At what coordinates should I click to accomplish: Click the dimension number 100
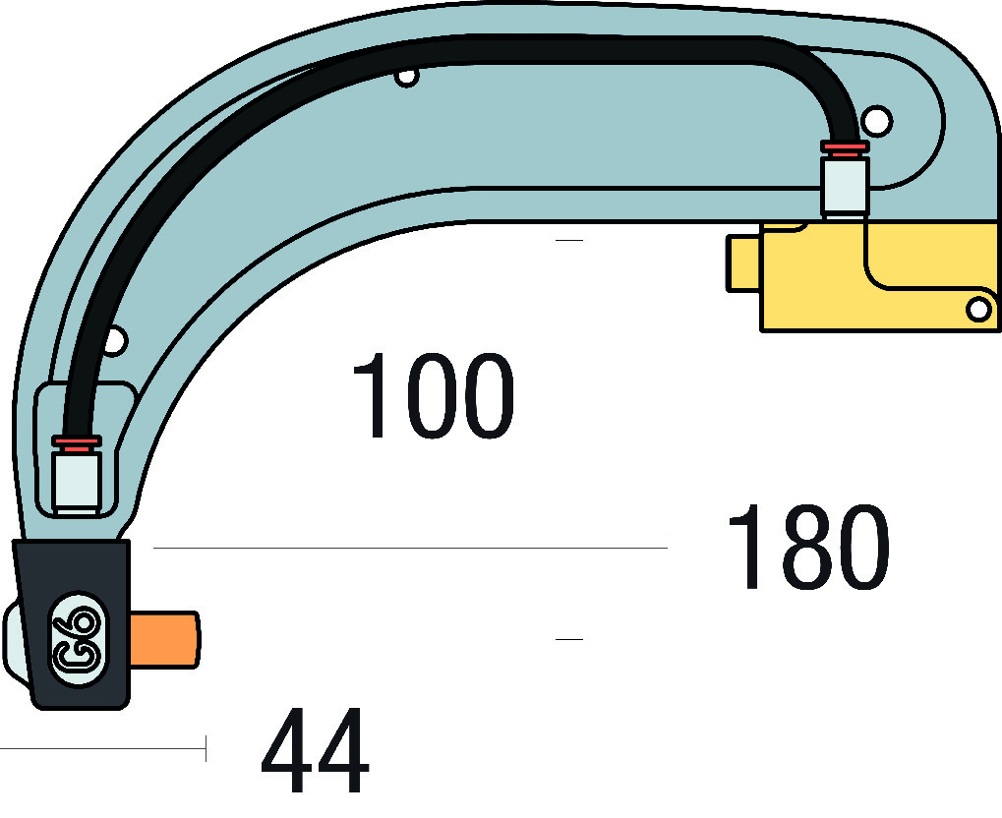coord(434,395)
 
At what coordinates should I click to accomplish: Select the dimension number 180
coord(808,547)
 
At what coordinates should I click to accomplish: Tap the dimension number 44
coord(315,749)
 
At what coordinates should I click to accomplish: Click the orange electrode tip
coord(165,640)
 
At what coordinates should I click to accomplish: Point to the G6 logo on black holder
coord(79,639)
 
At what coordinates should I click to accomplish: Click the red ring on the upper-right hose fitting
coord(845,148)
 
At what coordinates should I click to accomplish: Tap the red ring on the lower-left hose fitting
coord(77,442)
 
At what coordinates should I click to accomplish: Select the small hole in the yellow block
coord(978,310)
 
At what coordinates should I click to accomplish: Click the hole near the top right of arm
coord(876,121)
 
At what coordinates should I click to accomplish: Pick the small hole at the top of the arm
coord(407,77)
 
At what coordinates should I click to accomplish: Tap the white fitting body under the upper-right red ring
coord(845,187)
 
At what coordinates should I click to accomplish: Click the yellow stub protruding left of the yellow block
coord(743,263)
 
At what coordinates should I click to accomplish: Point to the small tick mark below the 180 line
coord(569,639)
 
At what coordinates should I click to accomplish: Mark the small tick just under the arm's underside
coord(569,240)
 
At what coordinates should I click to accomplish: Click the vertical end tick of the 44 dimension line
coord(206,748)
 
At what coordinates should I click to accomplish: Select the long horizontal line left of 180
coord(410,548)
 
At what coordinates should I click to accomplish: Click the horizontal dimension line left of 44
coord(102,748)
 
